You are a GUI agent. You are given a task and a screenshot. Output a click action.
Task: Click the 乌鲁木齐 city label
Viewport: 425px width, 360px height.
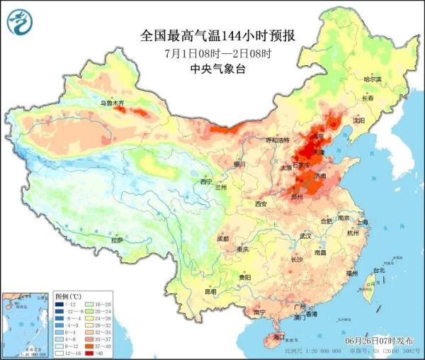coord(111,103)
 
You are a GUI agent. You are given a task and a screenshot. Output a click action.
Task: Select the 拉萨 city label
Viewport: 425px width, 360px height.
coord(117,240)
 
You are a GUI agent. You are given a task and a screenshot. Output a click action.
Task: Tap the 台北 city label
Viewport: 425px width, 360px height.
coord(378,270)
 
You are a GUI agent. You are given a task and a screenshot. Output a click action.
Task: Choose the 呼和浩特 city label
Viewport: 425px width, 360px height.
coord(278,140)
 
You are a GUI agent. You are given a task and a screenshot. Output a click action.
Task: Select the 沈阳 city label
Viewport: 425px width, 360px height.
coord(358,120)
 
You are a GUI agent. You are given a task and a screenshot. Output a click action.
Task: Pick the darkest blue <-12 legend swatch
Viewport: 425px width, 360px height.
coord(59,303)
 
